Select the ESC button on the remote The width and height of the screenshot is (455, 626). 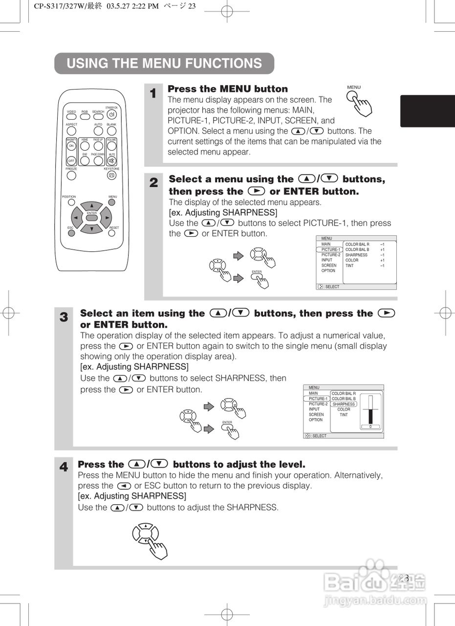tap(71, 233)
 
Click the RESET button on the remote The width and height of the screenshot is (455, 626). tap(112, 233)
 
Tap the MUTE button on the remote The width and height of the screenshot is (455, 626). tap(112, 160)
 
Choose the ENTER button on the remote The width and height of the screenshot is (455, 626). tap(91, 218)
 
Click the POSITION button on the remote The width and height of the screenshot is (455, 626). tap(71, 201)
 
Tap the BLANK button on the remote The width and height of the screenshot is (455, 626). tap(112, 131)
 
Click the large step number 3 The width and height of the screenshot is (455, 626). tap(64, 317)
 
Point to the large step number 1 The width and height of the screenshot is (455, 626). tap(153, 93)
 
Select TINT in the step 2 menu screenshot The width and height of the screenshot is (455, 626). tap(349, 266)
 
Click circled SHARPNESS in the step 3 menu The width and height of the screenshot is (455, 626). tap(344, 404)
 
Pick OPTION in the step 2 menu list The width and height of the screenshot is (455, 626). tap(328, 270)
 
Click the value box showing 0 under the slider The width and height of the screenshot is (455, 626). tap(370, 427)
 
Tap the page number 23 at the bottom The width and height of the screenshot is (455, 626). tap(404, 578)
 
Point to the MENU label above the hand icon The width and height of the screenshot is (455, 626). tap(354, 88)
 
